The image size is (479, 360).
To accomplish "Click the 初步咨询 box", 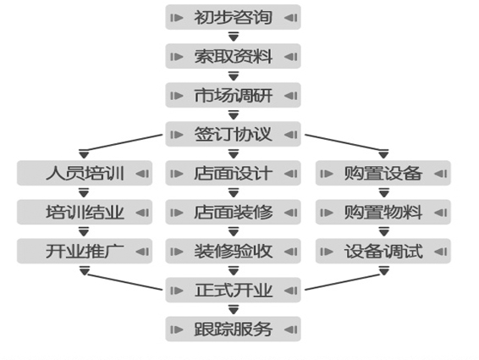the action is point(233,17).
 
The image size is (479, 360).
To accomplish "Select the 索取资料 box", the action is point(233,56).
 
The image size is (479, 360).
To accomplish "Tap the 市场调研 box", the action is point(233,95).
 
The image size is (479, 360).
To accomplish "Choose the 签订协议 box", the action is point(233,135).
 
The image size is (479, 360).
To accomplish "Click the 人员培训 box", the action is point(85,173).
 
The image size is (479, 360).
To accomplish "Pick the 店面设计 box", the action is point(233,173).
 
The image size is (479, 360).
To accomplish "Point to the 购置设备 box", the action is point(383,173).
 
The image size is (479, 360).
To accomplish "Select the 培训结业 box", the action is point(85,213).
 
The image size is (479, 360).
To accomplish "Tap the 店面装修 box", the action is point(233,213).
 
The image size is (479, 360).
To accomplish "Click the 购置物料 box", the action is point(383,213).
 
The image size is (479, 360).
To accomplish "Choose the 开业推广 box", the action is point(85,251).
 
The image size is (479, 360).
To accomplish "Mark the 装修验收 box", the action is point(233,251).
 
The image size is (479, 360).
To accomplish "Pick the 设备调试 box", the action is point(383,251).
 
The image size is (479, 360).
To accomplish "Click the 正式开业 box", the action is point(233,290).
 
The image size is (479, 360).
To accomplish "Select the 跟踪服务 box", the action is point(233,330).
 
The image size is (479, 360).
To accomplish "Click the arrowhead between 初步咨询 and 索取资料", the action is point(234,36).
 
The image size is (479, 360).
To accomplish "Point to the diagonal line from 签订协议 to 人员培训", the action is point(123,142).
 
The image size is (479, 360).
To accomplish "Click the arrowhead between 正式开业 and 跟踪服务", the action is point(234,309).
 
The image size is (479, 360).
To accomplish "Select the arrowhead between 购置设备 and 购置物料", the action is point(383,192).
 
